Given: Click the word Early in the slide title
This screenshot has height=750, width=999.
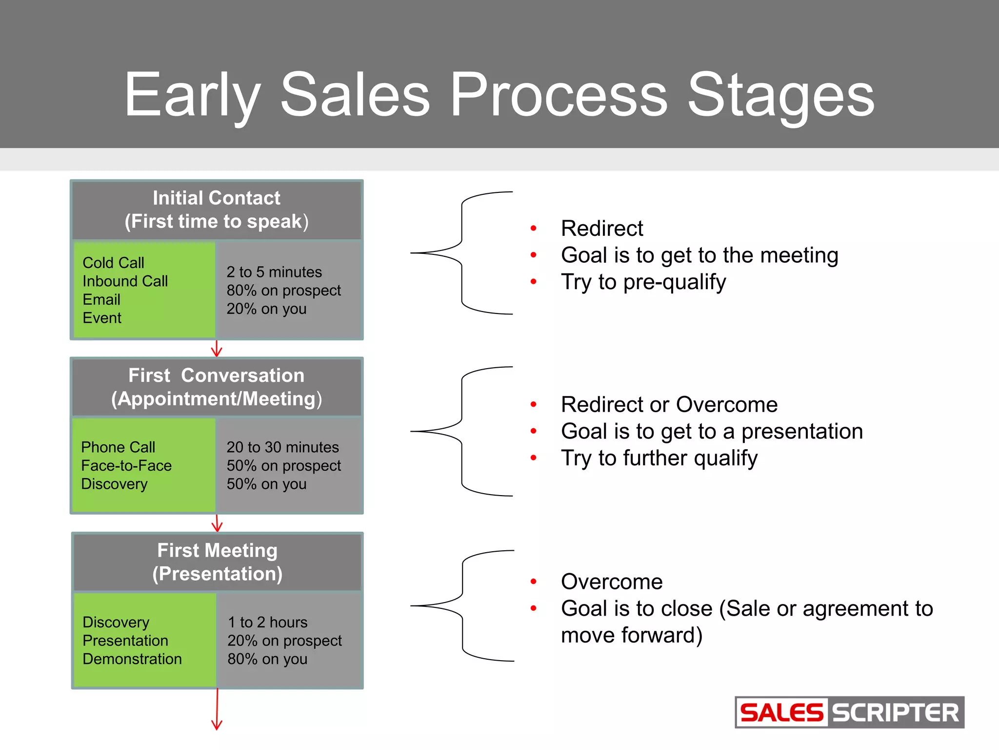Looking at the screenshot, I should pos(193,95).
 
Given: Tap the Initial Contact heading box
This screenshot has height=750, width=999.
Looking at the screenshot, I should pos(217,209).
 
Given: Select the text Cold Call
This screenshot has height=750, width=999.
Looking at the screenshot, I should pos(113,263).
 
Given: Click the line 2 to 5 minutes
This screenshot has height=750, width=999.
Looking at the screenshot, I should pos(274,272).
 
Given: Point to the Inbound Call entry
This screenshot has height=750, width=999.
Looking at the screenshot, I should pos(125,281).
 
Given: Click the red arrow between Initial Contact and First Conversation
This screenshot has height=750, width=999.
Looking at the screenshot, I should pos(217,349).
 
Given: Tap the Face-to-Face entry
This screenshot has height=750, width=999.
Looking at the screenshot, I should pos(126,466).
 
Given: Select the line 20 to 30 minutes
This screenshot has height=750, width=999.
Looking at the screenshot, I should pos(282,447).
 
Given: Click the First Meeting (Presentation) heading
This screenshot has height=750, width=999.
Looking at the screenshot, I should pos(217,562).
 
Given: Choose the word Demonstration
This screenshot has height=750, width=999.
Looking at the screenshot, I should pos(132,659).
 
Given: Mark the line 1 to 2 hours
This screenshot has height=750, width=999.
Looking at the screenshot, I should pos(268,622).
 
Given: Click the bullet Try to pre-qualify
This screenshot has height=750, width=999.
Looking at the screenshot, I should pos(643,282).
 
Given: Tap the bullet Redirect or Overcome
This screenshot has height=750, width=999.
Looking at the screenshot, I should pos(669,405).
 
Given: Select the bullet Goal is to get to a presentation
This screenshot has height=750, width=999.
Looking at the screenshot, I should pos(712,432).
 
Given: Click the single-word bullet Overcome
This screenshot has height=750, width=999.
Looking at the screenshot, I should pos(612,582).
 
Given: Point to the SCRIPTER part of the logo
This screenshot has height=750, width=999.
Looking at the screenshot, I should pos(896,713).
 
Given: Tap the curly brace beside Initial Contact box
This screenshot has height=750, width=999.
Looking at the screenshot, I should pos(461,253).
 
